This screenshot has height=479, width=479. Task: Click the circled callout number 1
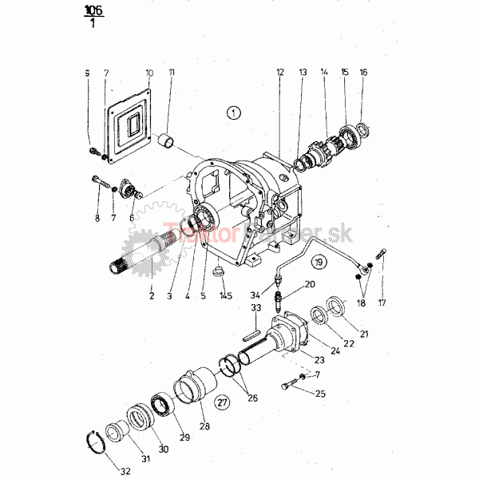point(232,113)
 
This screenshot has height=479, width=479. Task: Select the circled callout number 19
point(319,262)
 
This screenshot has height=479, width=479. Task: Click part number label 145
point(226,296)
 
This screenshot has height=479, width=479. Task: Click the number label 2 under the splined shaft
point(151,295)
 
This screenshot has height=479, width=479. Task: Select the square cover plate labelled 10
point(129,129)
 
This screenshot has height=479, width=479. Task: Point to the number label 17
point(382,303)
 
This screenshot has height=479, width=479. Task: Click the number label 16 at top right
point(364,73)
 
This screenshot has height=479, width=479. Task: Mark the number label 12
point(280,73)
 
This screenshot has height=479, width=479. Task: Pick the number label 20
point(310,285)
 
